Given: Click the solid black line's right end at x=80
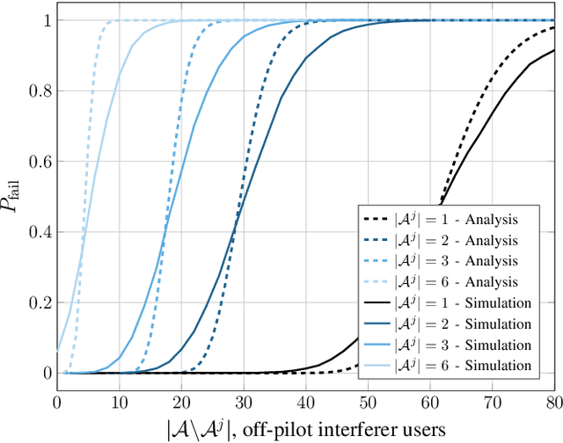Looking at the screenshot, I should click(x=554, y=50).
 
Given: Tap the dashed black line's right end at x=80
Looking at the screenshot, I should click(x=554, y=27).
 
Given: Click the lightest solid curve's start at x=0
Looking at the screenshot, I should click(x=57, y=350).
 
